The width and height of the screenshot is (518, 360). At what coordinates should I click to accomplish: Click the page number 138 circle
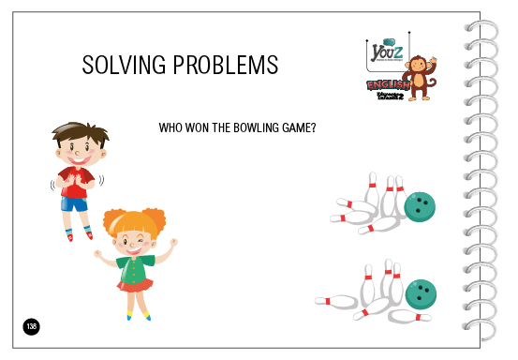pyautogui.click(x=32, y=326)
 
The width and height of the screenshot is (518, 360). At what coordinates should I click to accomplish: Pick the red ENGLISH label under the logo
pyautogui.click(x=386, y=85)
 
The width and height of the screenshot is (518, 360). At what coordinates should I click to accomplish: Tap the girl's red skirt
pyautogui.click(x=134, y=285)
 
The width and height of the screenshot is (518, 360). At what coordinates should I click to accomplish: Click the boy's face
pyautogui.click(x=77, y=150)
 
